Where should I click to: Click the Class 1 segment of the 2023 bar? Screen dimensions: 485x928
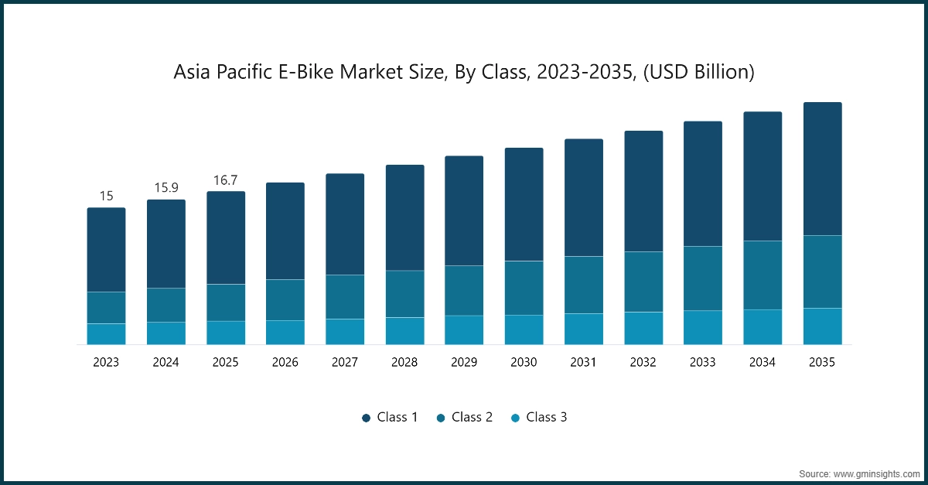pos(106,250)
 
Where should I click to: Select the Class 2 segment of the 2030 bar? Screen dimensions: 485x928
pos(524,288)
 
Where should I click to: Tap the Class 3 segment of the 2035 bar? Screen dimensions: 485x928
pos(822,326)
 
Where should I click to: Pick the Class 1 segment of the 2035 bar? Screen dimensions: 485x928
pos(822,169)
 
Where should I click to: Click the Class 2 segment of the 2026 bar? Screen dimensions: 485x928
pos(285,299)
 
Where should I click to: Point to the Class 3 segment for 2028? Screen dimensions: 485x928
pos(404,330)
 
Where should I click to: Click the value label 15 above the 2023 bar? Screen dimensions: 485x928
pos(106,196)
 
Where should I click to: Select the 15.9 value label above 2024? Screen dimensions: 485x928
pos(165,188)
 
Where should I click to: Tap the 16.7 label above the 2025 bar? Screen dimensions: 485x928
pos(225,180)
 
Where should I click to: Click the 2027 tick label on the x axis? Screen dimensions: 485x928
pos(345,362)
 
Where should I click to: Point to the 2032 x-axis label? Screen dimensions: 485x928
pos(643,362)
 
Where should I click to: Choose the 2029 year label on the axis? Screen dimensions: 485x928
pos(464,362)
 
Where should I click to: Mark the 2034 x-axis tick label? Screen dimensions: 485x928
pos(763,362)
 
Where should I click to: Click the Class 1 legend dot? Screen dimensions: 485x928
pos(366,418)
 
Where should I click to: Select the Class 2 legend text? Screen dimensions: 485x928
pos(472,417)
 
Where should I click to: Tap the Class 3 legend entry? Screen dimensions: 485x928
pos(539,417)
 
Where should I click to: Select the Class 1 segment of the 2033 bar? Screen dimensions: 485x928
pos(702,184)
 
